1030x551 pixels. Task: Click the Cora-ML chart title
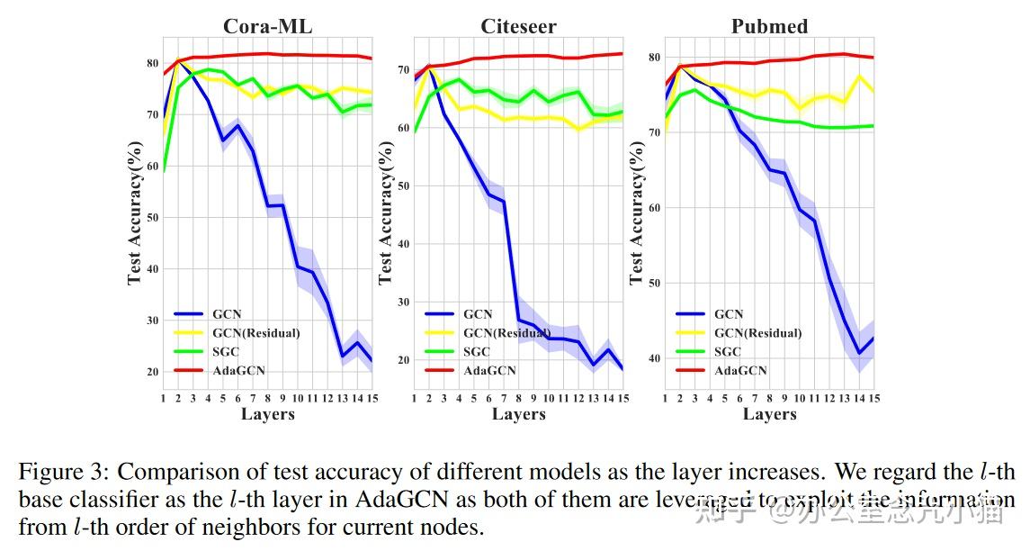coord(267,26)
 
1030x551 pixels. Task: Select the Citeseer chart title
coord(518,26)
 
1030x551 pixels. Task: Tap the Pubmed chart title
coord(769,26)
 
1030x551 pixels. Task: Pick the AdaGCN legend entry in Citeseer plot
coord(489,370)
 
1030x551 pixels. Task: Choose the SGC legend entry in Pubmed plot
coord(729,351)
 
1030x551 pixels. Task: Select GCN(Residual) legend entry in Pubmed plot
coord(757,333)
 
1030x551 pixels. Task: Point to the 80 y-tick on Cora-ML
coord(153,63)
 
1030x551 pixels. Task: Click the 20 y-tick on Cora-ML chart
coord(153,372)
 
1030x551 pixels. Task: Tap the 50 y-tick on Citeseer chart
coord(404,186)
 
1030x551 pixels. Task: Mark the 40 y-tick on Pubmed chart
coord(655,358)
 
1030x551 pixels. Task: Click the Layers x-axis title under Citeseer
coord(518,414)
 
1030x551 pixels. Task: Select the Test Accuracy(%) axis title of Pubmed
coord(637,212)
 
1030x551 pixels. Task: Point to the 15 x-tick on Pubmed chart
coord(873,398)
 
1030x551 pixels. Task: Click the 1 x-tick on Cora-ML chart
coord(163,398)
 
